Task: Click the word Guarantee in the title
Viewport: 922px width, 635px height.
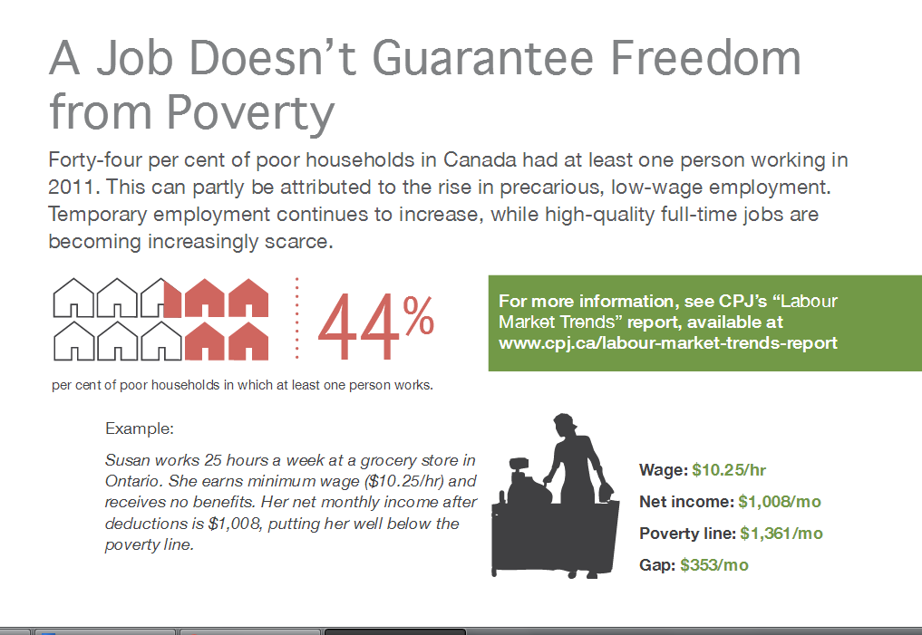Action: coord(482,58)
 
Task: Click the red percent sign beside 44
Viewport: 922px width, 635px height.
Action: coord(419,315)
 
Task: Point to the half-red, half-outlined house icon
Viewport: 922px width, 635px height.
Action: coord(161,298)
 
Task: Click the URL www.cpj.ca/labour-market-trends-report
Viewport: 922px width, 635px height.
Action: coord(668,343)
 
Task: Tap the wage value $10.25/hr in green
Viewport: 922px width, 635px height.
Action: coord(729,470)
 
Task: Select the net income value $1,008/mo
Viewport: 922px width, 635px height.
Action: coord(780,502)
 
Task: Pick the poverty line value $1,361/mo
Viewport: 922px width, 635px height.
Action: coord(781,534)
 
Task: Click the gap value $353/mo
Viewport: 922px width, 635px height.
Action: coord(714,565)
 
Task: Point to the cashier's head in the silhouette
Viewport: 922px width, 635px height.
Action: coord(564,424)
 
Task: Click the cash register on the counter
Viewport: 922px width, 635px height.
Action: coord(521,480)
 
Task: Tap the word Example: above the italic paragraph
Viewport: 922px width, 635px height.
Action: coord(140,428)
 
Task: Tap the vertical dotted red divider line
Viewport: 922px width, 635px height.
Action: coord(297,318)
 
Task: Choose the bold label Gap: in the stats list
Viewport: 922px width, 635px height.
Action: coord(657,565)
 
